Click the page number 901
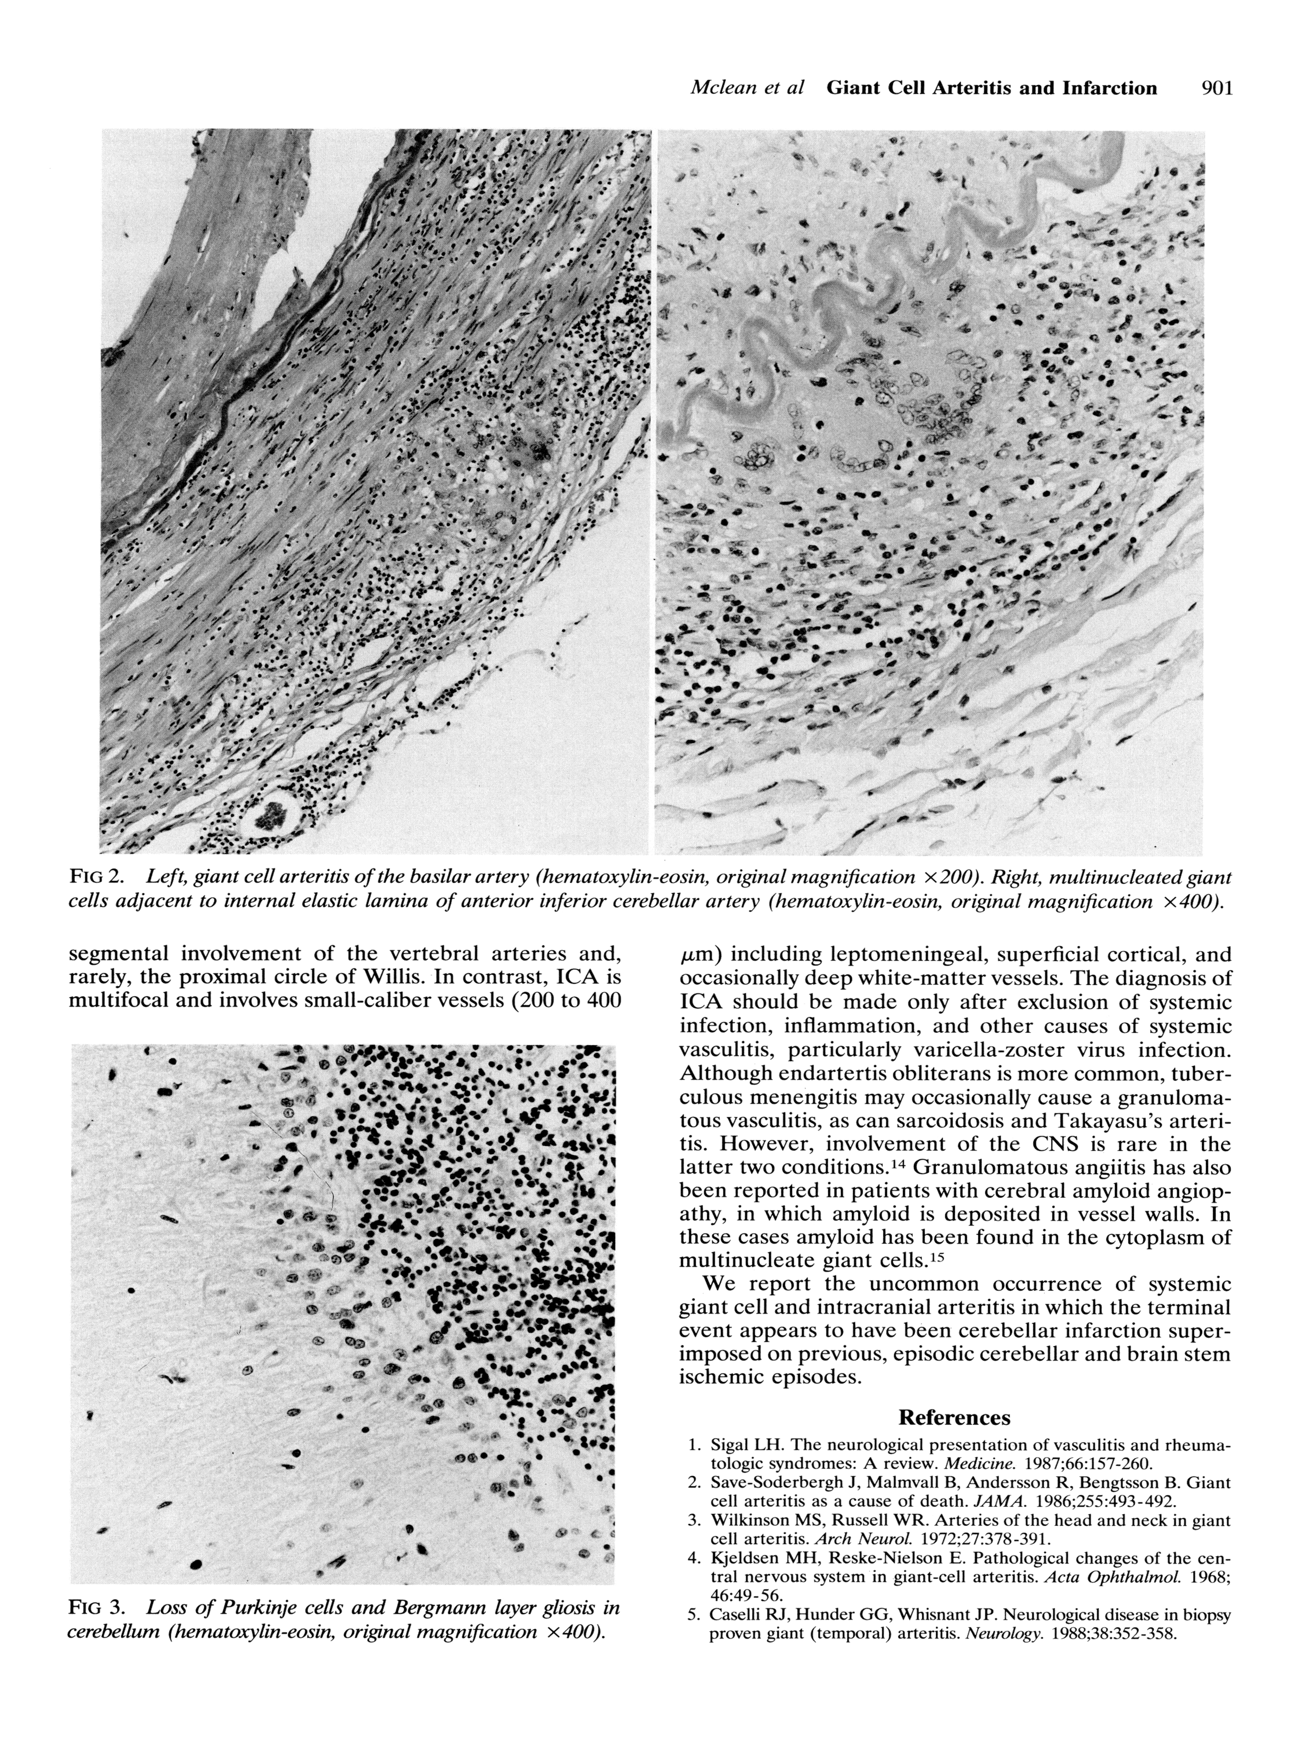click(x=1217, y=88)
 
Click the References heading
click(x=954, y=1417)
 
